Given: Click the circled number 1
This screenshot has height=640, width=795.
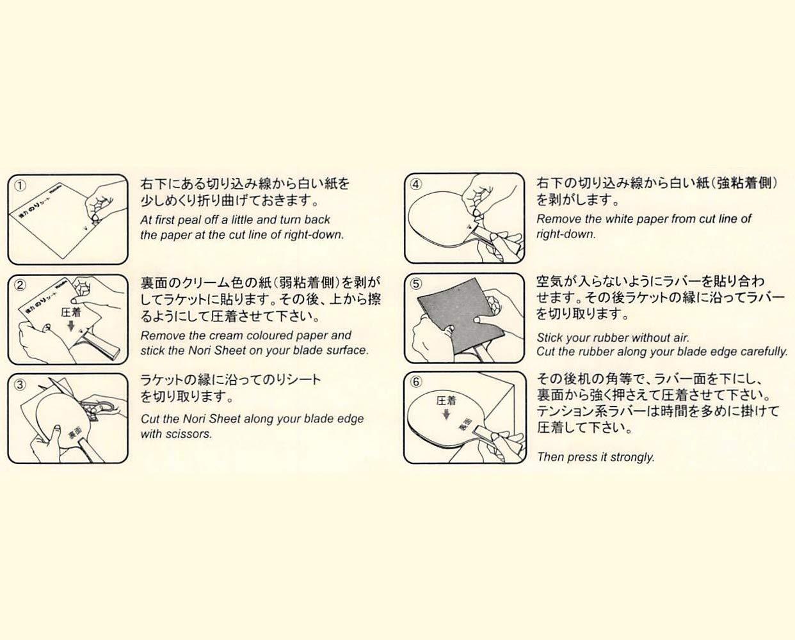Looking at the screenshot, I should (x=21, y=186).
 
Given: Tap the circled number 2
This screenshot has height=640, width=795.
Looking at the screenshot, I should (x=21, y=285).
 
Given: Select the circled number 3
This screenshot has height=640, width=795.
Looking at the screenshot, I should (x=21, y=385).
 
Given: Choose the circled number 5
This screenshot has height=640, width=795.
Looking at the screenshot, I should (x=417, y=284).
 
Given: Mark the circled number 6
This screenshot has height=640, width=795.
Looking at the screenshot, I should (x=417, y=382).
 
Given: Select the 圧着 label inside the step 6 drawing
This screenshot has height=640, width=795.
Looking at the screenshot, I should (x=446, y=401).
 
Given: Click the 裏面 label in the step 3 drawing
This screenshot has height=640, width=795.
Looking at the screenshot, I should (x=75, y=436).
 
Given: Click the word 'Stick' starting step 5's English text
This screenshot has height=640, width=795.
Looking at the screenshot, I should (x=550, y=337).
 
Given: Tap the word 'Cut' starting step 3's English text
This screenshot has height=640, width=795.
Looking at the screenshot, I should (x=150, y=419).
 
